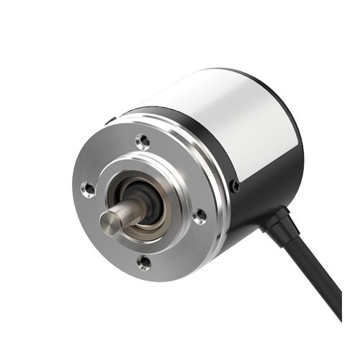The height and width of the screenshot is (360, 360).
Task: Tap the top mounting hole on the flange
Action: [143, 141]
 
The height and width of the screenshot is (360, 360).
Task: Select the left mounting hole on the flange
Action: [88, 189]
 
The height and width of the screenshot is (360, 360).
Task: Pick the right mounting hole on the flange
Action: [199, 215]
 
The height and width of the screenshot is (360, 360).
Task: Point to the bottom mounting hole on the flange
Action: [144, 263]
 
